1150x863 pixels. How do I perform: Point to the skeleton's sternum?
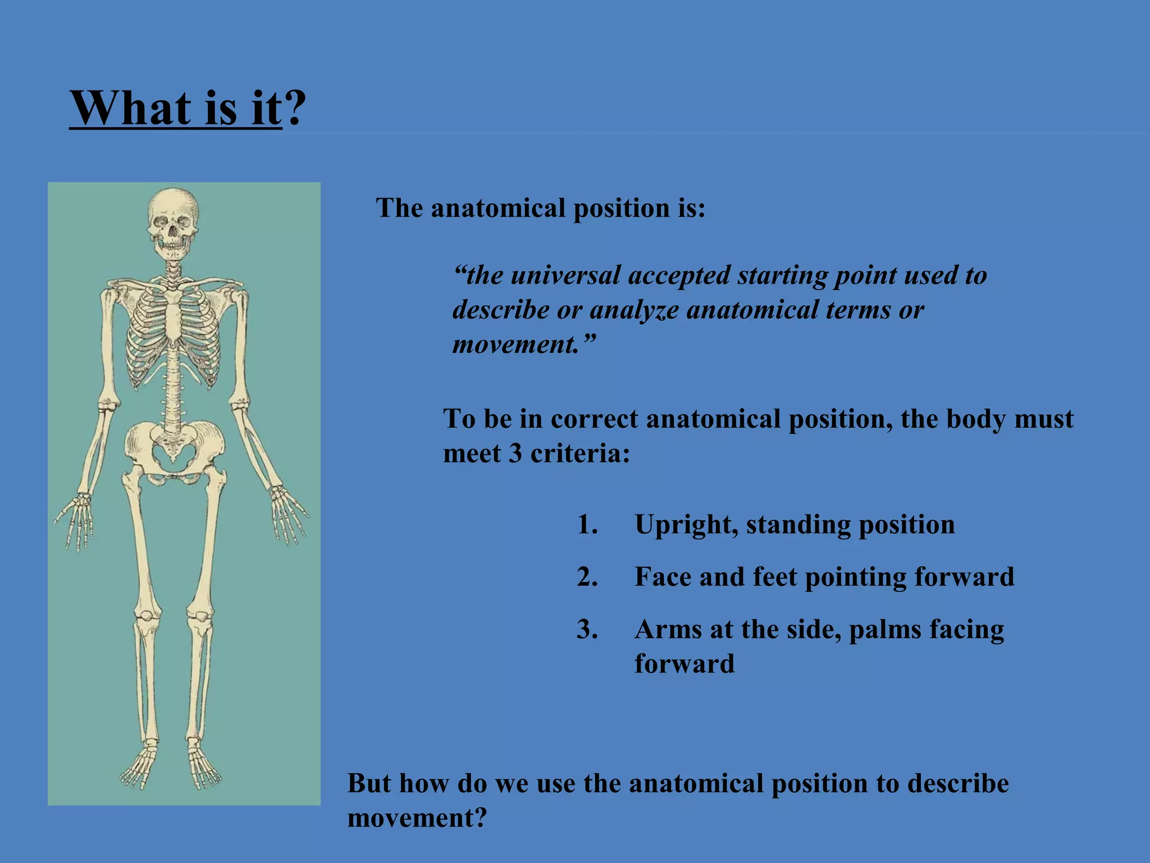(174, 320)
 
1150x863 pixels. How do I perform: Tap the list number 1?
(587, 525)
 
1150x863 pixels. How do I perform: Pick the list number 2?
(587, 577)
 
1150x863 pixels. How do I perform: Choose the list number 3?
(587, 629)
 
